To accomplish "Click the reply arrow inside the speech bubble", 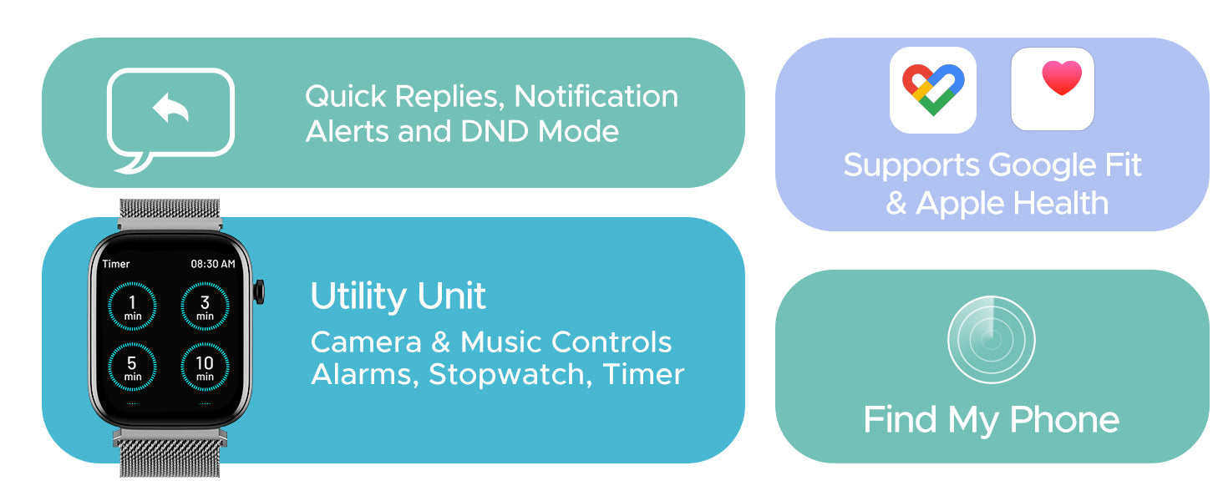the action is pyautogui.click(x=170, y=108).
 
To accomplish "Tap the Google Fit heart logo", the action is pyautogui.click(x=933, y=89).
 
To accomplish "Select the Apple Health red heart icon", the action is pyautogui.click(x=1062, y=78).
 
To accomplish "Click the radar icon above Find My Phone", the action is pyautogui.click(x=991, y=340).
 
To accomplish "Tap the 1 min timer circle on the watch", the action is pyautogui.click(x=132, y=306).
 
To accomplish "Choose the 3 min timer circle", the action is pyautogui.click(x=205, y=306).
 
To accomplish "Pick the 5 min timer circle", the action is pyautogui.click(x=132, y=367).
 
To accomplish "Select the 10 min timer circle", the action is pyautogui.click(x=205, y=367).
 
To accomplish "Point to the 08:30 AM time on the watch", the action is pyautogui.click(x=213, y=264).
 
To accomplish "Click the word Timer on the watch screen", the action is pyautogui.click(x=116, y=264).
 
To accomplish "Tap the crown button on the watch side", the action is pyautogui.click(x=259, y=291).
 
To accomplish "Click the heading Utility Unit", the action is pyautogui.click(x=398, y=296).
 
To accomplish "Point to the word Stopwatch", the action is pyautogui.click(x=510, y=375).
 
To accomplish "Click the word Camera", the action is pyautogui.click(x=366, y=342).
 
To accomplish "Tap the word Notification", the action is pyautogui.click(x=596, y=97).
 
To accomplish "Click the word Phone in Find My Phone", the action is pyautogui.click(x=1064, y=420).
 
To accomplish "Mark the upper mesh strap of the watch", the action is pyautogui.click(x=170, y=214).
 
